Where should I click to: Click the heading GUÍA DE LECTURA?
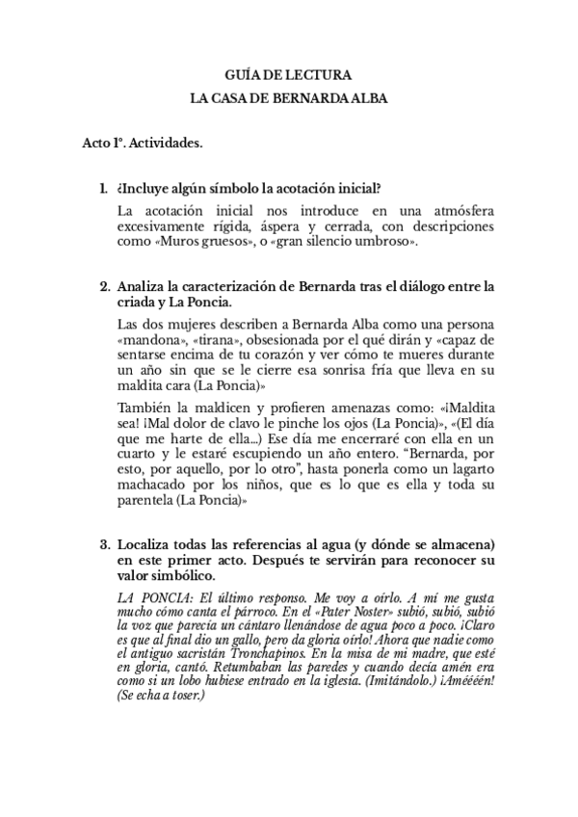click(288, 74)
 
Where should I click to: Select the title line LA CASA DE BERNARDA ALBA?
click(288, 97)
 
